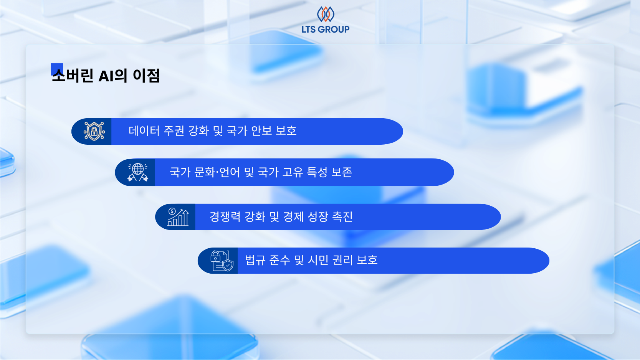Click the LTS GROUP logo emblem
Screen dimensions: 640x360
[x=326, y=14]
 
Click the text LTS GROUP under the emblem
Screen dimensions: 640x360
[x=326, y=30]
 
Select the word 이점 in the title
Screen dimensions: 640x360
[x=146, y=76]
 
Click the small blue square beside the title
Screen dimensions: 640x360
[x=57, y=69]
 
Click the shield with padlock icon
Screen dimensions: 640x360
[x=94, y=131]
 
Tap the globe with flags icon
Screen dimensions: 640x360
[x=138, y=172]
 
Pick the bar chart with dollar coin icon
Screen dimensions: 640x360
[x=178, y=217]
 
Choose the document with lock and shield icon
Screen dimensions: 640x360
[x=222, y=261]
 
